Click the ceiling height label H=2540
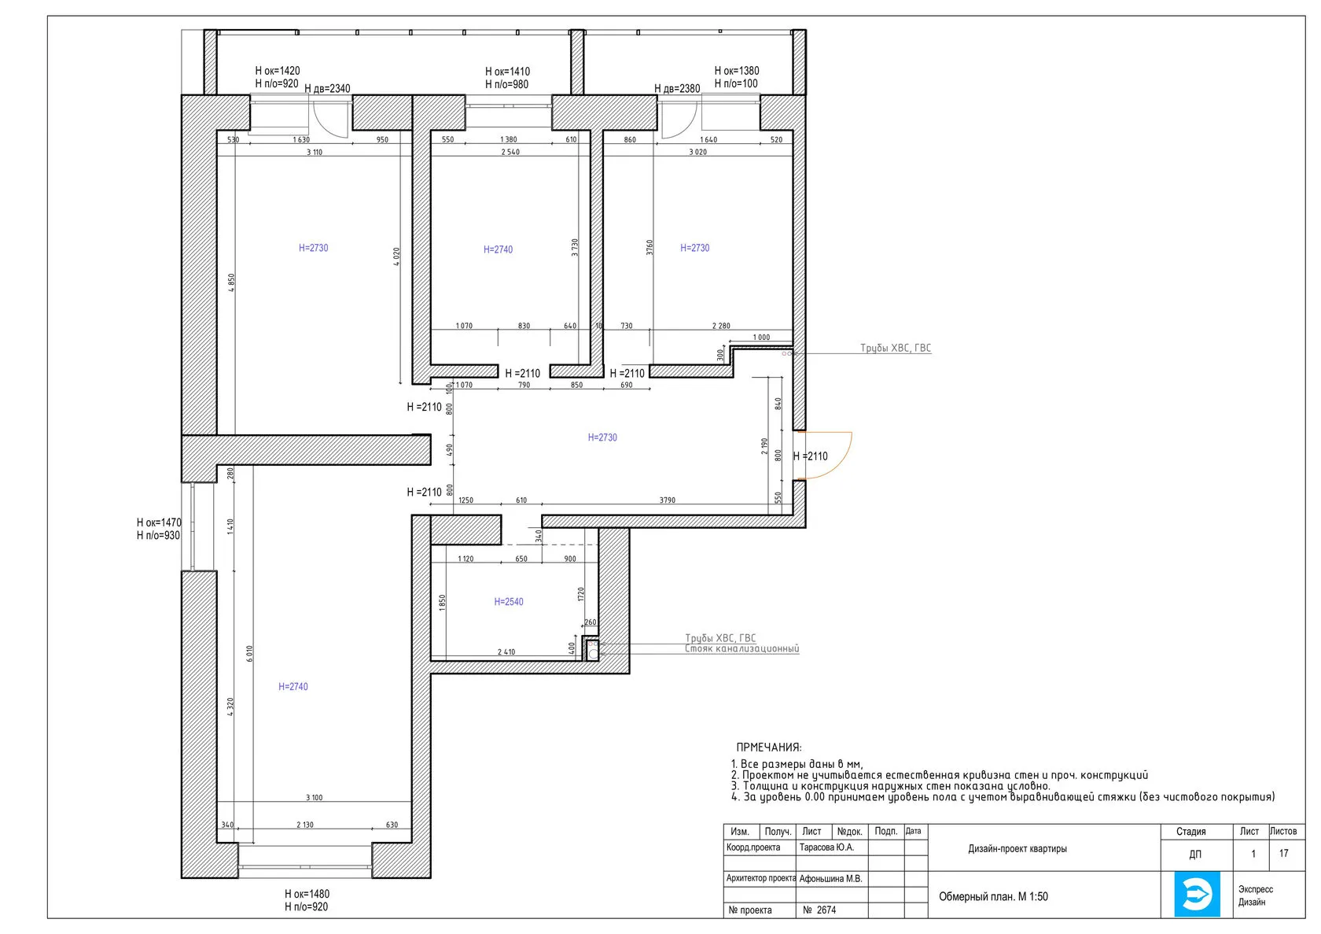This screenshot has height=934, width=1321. click(508, 602)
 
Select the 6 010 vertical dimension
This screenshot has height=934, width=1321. click(249, 654)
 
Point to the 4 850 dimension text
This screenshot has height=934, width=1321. click(231, 282)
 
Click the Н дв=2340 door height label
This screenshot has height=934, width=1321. click(327, 88)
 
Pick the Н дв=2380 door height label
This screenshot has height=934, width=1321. click(677, 88)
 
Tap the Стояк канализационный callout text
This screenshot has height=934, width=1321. click(742, 648)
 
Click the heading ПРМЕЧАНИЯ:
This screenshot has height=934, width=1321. click(769, 748)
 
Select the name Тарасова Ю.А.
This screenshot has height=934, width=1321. click(826, 847)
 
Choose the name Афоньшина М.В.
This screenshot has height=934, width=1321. click(830, 879)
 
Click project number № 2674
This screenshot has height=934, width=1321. click(819, 910)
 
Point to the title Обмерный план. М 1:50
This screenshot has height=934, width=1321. click(993, 897)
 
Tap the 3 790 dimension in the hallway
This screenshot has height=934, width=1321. click(667, 500)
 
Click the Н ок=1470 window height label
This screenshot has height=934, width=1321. click(159, 522)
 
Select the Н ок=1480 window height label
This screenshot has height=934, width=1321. click(307, 894)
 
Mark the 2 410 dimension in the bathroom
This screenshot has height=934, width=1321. click(506, 652)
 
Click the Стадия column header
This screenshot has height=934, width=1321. click(1190, 832)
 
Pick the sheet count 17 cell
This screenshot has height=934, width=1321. click(1283, 853)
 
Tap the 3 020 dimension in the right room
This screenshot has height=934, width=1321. click(697, 152)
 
